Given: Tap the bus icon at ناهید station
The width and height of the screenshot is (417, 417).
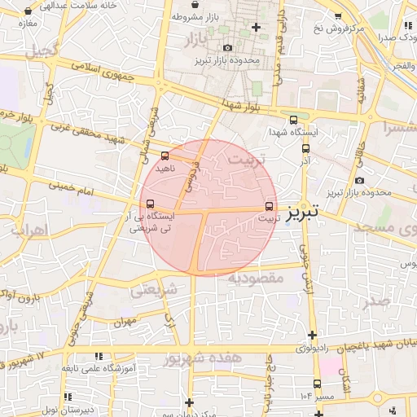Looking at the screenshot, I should (x=166, y=155).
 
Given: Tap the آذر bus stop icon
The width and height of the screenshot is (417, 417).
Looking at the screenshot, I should (x=306, y=148).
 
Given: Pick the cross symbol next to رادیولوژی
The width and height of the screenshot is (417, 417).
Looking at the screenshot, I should (x=312, y=335).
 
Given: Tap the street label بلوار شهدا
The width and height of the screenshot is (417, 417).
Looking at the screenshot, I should (x=242, y=103).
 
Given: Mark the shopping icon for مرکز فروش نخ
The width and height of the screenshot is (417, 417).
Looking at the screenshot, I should (x=339, y=15).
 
